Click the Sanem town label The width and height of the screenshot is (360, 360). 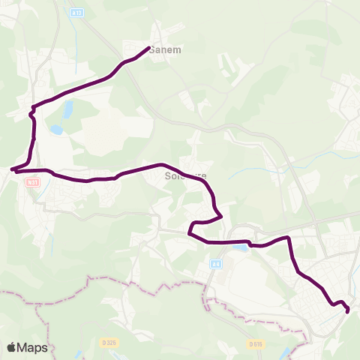coord(165,50)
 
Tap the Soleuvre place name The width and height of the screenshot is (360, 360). coord(184,177)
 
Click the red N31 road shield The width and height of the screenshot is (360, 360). coord(31,182)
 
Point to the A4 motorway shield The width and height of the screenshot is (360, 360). coord(215,263)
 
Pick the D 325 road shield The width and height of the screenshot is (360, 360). coord(109,343)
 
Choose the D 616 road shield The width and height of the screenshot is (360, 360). coord(256,343)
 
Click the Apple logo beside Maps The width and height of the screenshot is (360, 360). coord(12,347)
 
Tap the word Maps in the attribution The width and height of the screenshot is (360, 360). coord(33,347)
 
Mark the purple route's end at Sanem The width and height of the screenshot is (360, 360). coord(148,48)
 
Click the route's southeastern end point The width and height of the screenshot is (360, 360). coord(348,310)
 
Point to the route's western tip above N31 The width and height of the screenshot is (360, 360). coord(13,169)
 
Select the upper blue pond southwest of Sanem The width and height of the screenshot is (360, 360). coord(68,112)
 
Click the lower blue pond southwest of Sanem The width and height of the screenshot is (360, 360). coord(56,130)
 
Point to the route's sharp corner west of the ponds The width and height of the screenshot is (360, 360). coord(31,113)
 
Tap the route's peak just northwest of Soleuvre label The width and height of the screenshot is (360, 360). coord(160,163)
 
